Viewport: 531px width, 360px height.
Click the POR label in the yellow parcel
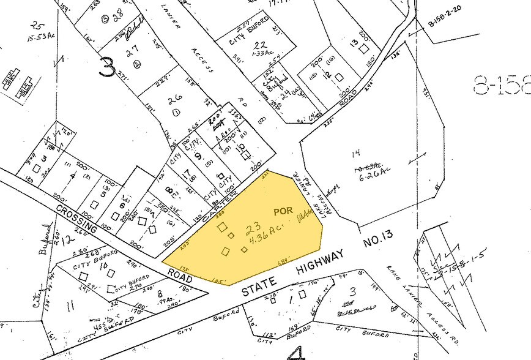[283, 211]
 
